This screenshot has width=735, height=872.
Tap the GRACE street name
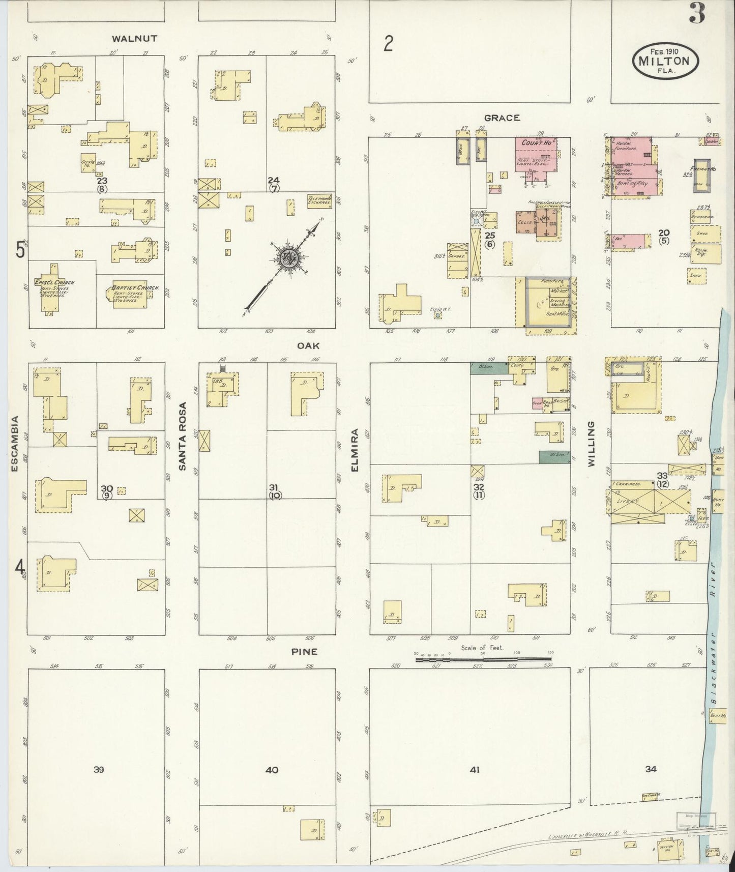click(x=502, y=118)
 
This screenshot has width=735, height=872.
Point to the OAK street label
click(x=308, y=345)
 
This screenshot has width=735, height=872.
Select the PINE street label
click(x=305, y=651)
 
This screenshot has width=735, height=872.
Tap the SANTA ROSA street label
click(x=183, y=436)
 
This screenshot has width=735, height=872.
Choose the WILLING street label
click(x=591, y=444)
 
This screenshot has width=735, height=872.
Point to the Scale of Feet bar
click(x=483, y=659)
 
